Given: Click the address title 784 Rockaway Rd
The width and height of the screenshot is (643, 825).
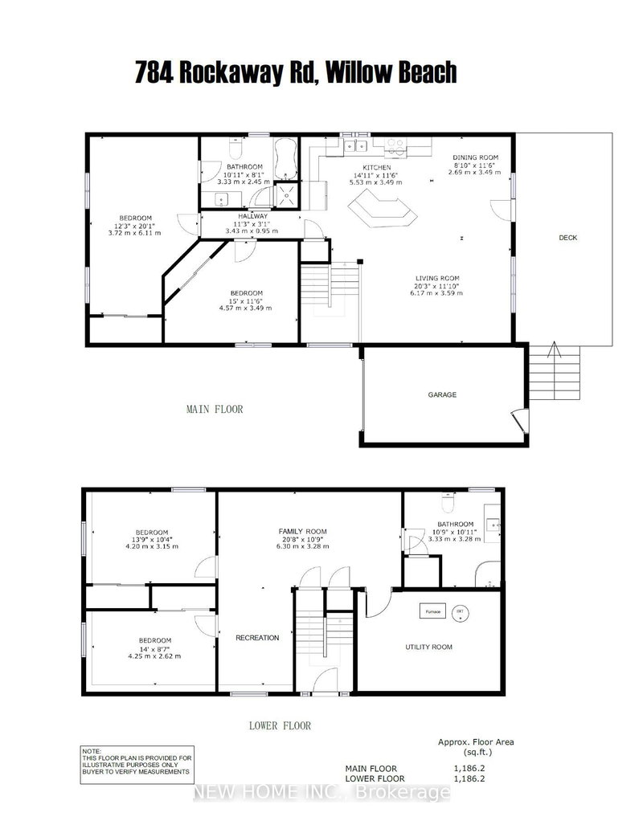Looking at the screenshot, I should (295, 72).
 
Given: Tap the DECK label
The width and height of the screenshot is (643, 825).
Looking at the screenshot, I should (567, 238).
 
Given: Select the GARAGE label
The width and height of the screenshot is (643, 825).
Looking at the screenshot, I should (441, 394).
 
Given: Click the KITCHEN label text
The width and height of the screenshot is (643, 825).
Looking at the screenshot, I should (376, 167).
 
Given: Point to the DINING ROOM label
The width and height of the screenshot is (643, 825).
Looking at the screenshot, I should (476, 157).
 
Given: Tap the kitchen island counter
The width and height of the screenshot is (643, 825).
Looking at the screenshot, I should (383, 213).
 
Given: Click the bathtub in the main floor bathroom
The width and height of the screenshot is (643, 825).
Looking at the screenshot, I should (286, 158).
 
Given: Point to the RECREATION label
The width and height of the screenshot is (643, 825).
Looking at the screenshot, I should (256, 638).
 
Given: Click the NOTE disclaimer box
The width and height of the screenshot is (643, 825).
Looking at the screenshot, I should (137, 763).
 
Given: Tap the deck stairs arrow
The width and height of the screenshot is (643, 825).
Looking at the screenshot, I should (553, 350).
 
